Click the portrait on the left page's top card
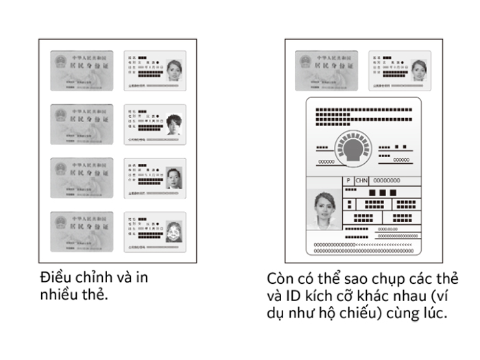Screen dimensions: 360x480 [174, 70]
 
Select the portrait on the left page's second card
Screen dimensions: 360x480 [175, 124]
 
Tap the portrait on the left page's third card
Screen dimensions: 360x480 [175, 178]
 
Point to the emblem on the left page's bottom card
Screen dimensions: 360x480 [60, 222]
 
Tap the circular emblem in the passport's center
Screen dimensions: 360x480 [354, 147]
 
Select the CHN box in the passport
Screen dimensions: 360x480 [362, 180]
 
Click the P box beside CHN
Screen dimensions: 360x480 [348, 180]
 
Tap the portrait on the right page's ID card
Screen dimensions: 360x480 [418, 69]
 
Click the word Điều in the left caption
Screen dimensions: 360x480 [56, 278]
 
